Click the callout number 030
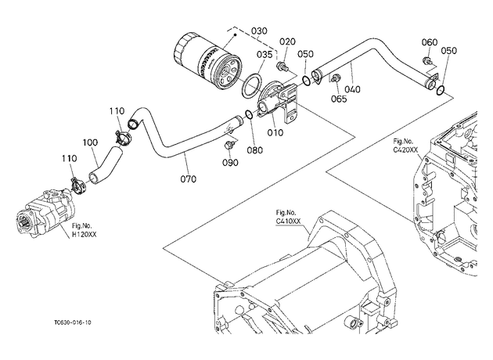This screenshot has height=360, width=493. (x=259, y=31)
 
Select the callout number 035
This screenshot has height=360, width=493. (x=264, y=55)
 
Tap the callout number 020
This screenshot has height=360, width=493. (x=287, y=41)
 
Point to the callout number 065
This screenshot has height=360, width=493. (x=339, y=99)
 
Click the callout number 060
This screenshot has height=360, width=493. (x=429, y=42)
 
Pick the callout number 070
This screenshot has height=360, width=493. (x=188, y=179)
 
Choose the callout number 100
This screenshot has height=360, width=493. (x=90, y=142)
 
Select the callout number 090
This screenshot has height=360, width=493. (x=230, y=163)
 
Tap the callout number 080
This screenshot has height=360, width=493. (x=254, y=150)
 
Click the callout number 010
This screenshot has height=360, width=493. (x=275, y=133)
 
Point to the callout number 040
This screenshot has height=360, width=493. (x=352, y=89)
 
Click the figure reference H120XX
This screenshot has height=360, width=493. (x=84, y=234)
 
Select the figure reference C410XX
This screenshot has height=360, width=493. (x=288, y=221)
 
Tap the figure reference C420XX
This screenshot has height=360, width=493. (x=405, y=150)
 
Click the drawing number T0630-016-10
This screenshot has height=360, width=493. (x=73, y=322)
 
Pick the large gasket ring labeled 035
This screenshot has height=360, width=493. (x=251, y=86)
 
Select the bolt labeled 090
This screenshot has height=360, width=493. (x=229, y=145)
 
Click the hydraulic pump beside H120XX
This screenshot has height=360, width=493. (x=47, y=213)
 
